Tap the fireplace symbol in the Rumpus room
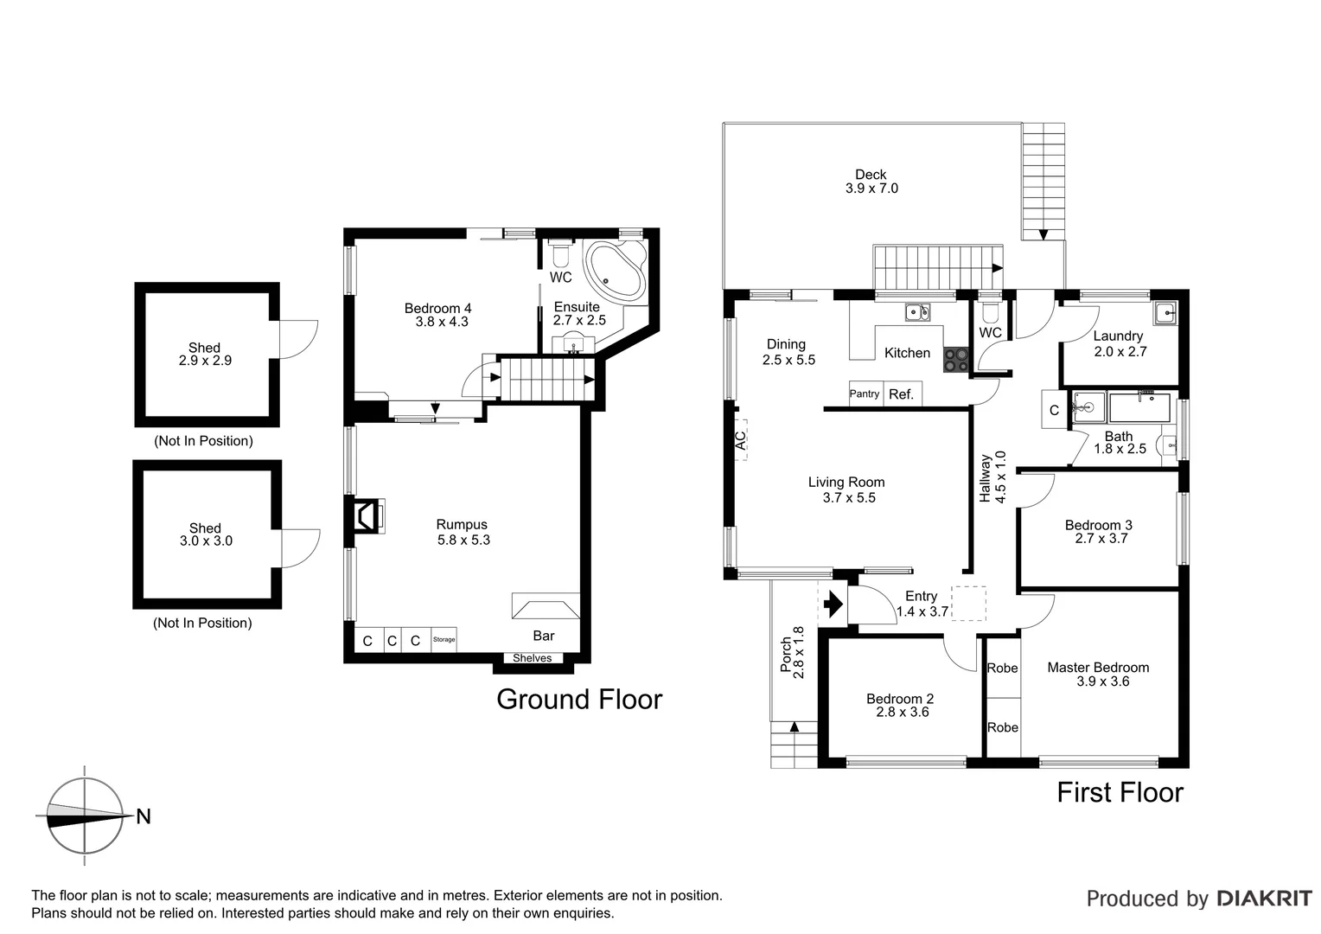[x=367, y=515]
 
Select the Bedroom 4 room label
[x=438, y=308]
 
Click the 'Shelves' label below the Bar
[x=532, y=658]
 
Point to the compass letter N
[x=144, y=816]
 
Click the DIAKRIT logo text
[x=1264, y=899]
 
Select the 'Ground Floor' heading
[x=579, y=699]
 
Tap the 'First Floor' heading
[x=1120, y=792]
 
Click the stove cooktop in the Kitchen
[x=955, y=359]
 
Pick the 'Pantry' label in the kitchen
[x=864, y=394]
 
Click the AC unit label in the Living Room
[x=740, y=440]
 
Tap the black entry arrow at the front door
[x=833, y=603]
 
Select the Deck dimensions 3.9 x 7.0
[x=871, y=189]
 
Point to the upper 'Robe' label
[x=1003, y=668]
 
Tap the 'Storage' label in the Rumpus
[x=444, y=640]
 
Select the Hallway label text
[x=985, y=478]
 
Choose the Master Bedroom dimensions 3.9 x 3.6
[x=1102, y=681]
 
